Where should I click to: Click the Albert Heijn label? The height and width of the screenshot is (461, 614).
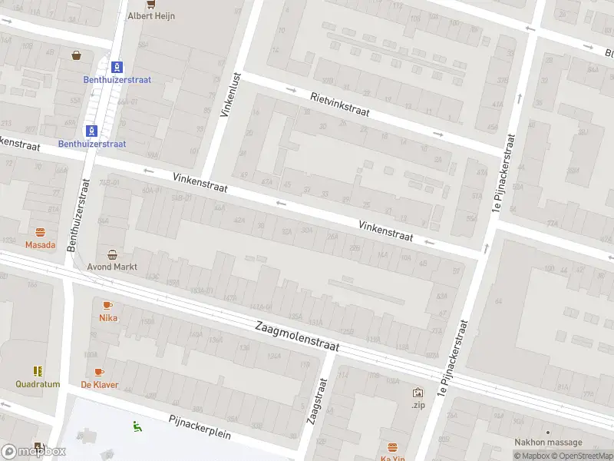tap(150, 15)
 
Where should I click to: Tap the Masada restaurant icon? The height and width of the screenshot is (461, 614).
tap(40, 232)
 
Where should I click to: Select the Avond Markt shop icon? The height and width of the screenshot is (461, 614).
tap(113, 255)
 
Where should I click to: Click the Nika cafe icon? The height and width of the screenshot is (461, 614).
tap(107, 305)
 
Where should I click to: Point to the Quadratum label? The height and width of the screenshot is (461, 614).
tap(38, 384)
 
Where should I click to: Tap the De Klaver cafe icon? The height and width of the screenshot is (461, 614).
tap(99, 372)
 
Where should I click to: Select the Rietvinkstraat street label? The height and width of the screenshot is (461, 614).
tap(339, 104)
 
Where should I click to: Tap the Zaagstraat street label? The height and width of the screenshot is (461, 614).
tap(312, 406)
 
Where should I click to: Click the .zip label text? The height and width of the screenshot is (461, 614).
tap(418, 404)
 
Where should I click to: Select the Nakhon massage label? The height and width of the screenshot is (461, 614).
tap(548, 443)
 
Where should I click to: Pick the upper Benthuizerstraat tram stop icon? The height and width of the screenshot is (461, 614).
tap(116, 67)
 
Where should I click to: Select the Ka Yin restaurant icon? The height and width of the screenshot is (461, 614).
tap(393, 448)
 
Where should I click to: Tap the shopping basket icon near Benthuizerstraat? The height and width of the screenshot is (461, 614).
tap(77, 55)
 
